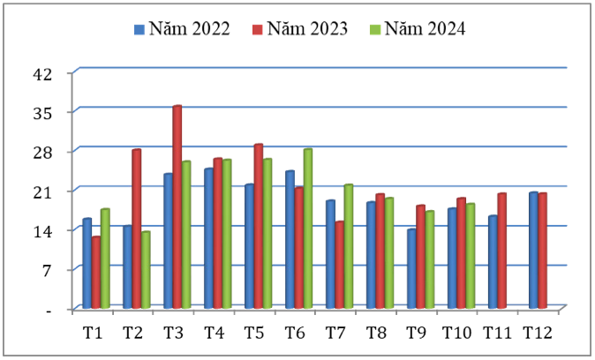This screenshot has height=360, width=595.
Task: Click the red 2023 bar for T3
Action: tap(177, 207)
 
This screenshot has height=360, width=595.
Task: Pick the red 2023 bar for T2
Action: tap(136, 229)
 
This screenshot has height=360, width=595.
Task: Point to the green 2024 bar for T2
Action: tap(145, 269)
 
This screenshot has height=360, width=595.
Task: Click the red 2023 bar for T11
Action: tap(501, 251)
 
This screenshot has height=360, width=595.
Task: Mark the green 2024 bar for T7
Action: tap(348, 246)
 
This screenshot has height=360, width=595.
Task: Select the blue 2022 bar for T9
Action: tap(411, 268)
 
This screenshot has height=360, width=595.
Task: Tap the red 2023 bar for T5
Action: tap(258, 226)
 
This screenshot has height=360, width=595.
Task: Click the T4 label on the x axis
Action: tap(214, 333)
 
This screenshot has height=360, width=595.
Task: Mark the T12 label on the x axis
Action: tap(537, 333)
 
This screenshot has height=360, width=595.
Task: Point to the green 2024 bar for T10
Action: tap(471, 256)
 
